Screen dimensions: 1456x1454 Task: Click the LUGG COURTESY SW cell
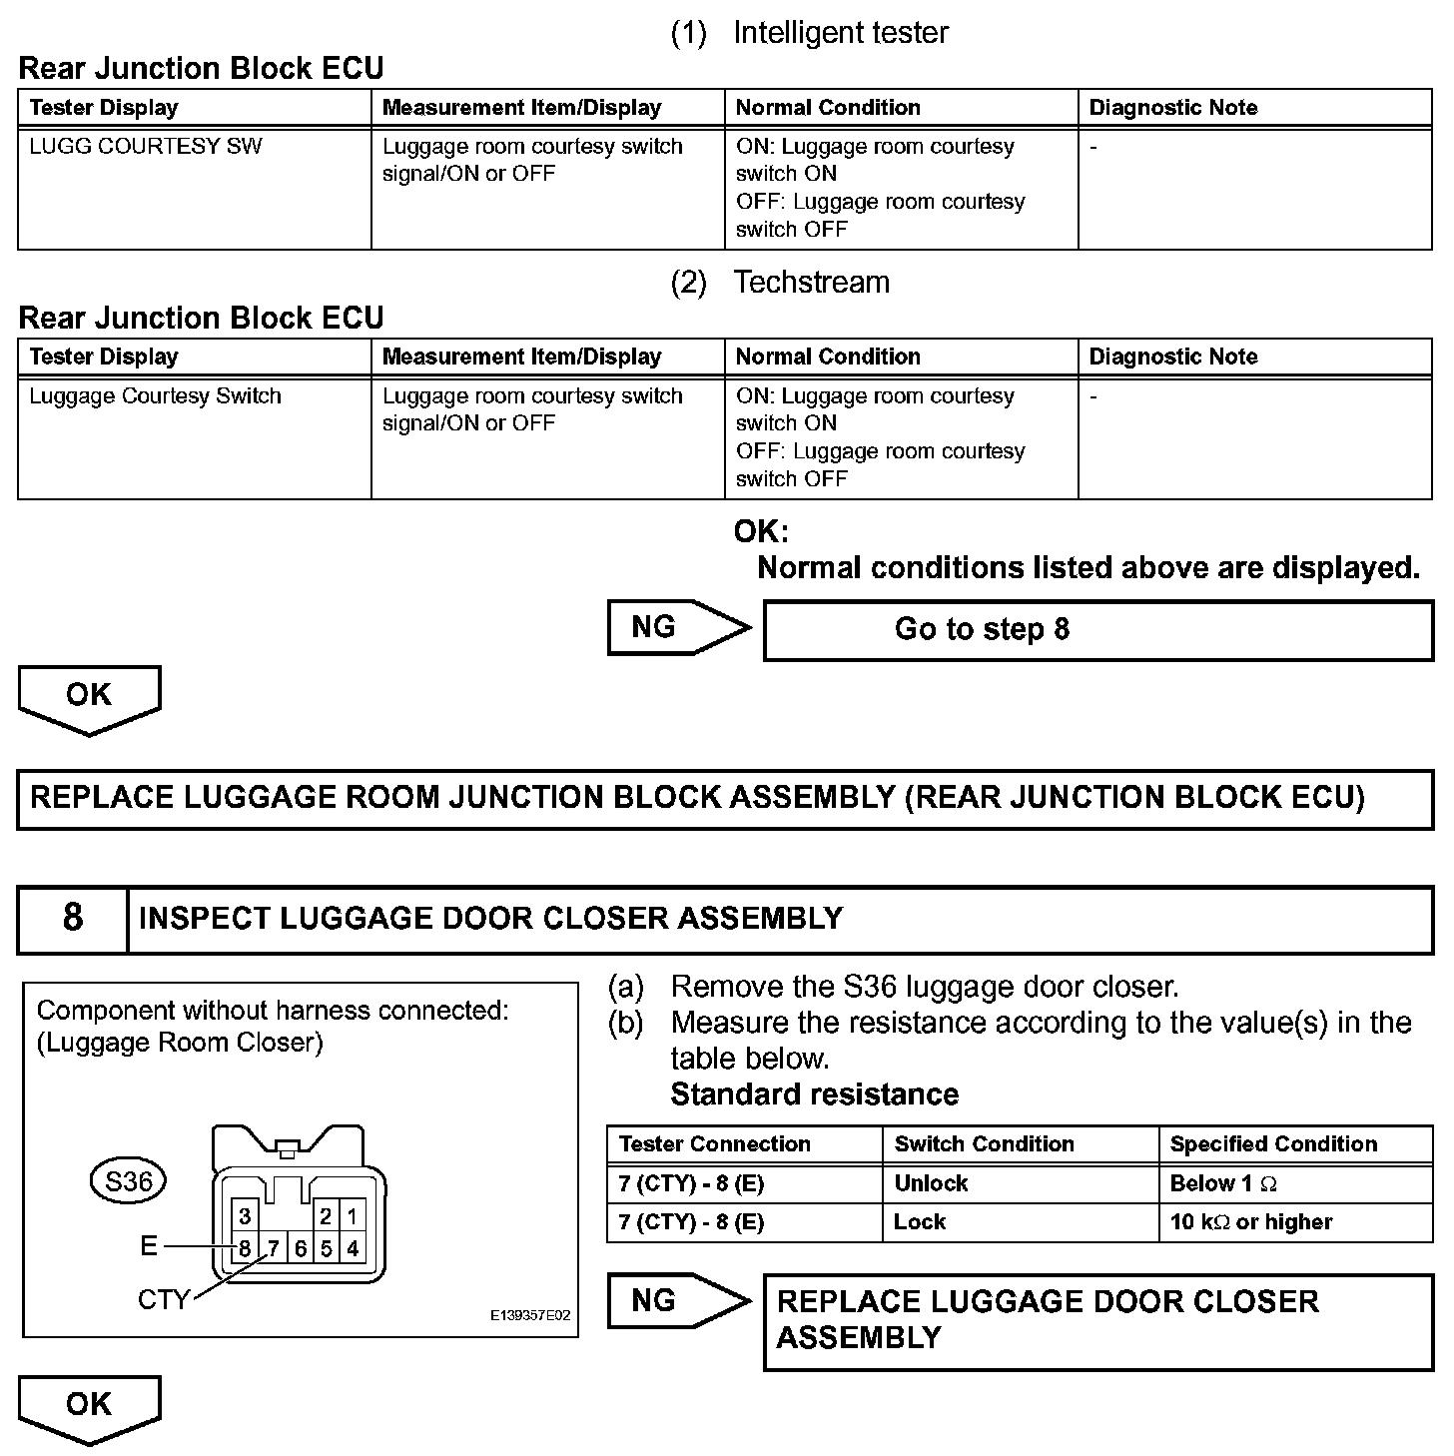[146, 147]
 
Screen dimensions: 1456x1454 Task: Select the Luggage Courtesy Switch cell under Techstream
[155, 396]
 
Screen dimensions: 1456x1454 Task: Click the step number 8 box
[73, 919]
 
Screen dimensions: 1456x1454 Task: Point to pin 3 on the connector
[245, 1217]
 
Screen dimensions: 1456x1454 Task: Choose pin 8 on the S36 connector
[245, 1248]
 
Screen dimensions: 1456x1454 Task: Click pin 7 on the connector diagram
[273, 1248]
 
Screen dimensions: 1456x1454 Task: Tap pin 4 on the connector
[353, 1248]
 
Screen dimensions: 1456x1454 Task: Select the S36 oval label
[129, 1182]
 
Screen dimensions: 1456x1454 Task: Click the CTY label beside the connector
[163, 1299]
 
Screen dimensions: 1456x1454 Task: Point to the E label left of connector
[149, 1246]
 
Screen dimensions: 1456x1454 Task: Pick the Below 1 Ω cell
[1223, 1184]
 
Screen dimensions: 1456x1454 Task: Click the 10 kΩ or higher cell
[1251, 1222]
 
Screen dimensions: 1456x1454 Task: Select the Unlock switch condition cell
[931, 1184]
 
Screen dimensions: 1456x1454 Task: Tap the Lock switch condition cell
[920, 1222]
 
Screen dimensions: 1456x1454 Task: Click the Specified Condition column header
[1273, 1144]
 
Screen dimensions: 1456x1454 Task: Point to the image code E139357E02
[529, 1316]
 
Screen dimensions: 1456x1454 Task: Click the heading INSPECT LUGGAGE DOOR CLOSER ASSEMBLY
[490, 919]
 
